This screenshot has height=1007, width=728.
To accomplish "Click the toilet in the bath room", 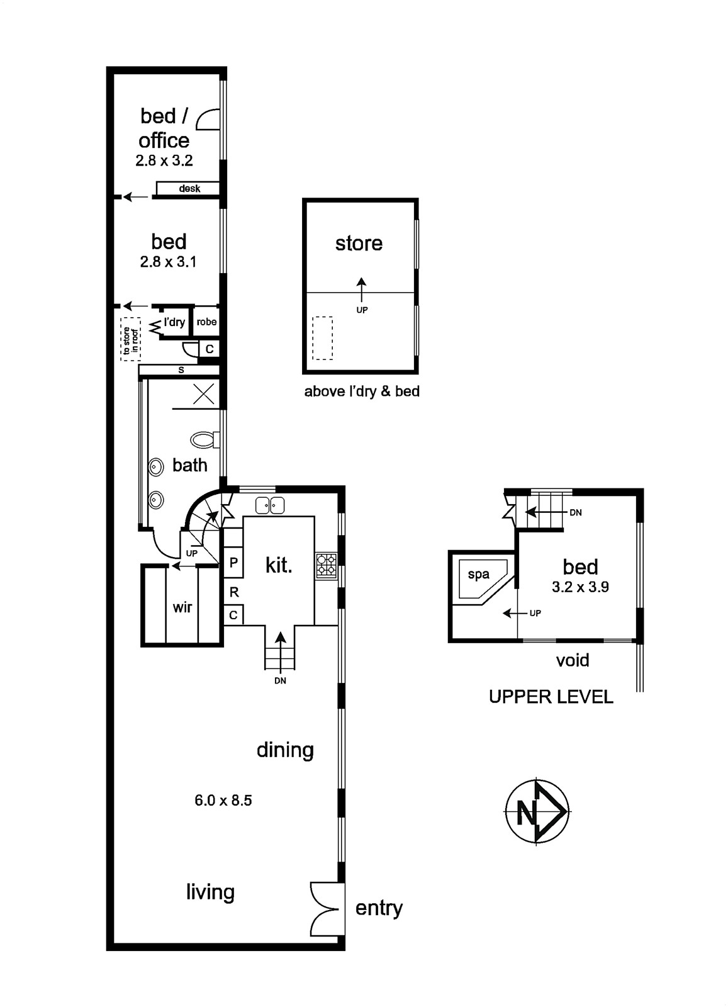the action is point(204,439).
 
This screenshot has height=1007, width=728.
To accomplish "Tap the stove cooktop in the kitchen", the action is point(327,565).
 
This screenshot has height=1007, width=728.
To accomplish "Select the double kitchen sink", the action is point(270,506).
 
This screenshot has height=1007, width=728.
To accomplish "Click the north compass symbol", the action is point(537,812).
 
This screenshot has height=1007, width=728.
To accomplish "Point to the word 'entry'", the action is point(379,909).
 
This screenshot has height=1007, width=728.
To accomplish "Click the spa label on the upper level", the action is point(478,575).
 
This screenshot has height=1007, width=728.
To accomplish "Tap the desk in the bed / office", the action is point(188,188).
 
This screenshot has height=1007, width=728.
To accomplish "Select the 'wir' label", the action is point(182,607).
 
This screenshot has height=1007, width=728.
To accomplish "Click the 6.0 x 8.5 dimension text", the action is point(223,800).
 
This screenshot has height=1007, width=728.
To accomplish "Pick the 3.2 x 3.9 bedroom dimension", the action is point(580,587).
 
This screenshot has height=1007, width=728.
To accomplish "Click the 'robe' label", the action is point(206,322).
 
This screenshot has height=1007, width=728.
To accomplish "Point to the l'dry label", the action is point(174,322).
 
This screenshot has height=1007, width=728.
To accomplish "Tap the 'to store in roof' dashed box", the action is point(130,339).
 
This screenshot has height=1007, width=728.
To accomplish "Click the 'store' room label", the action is point(359,243).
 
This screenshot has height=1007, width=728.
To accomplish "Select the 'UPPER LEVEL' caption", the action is point(551,697).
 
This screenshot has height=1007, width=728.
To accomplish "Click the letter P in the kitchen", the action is point(233,563).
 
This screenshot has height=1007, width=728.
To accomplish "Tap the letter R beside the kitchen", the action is point(233,592).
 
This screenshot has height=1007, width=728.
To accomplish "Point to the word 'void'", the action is point(572,660).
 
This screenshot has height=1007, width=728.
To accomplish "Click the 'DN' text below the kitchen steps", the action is point(280,681).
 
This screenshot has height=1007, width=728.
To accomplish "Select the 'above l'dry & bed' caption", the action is point(362,391).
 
